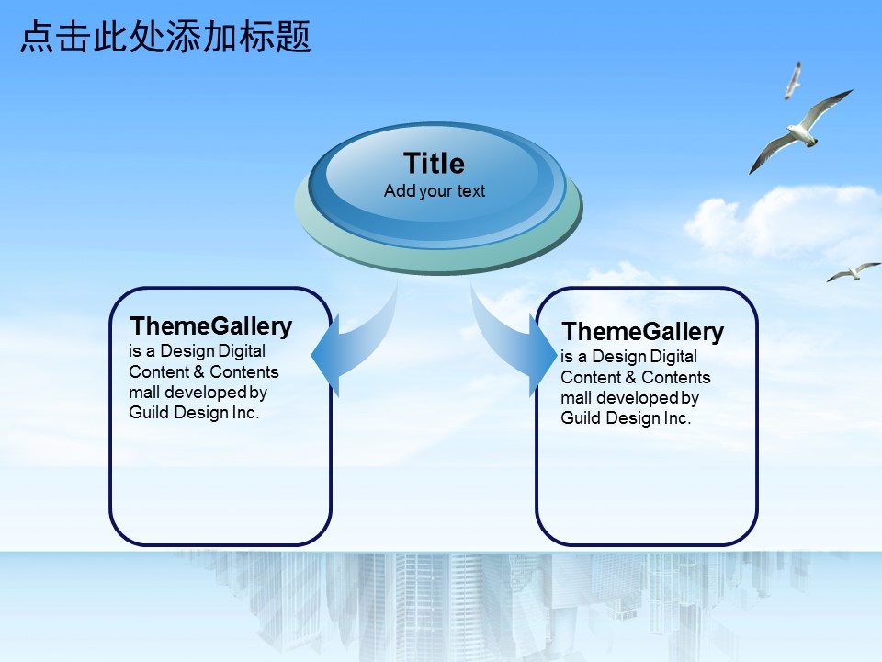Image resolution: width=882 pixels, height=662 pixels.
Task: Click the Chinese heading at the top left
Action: (165, 37)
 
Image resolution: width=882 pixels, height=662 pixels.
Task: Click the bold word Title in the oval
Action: (435, 164)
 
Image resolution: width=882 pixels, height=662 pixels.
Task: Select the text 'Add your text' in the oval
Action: (435, 191)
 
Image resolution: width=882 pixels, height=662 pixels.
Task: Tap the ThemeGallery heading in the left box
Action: (211, 326)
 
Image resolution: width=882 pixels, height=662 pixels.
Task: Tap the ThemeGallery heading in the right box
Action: (643, 332)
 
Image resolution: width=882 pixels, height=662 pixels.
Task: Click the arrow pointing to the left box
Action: (360, 349)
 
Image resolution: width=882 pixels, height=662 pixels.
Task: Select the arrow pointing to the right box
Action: (506, 343)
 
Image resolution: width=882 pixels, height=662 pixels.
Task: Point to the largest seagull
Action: (801, 131)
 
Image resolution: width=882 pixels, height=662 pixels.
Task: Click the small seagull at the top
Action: (793, 81)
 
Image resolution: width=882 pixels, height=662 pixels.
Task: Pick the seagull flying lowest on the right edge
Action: (854, 272)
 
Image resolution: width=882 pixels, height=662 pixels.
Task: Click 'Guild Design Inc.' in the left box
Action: (194, 413)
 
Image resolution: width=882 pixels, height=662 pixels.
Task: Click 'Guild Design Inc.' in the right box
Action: (626, 418)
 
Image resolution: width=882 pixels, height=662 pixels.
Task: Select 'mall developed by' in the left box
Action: (198, 393)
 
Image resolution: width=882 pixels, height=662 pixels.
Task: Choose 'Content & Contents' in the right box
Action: (636, 377)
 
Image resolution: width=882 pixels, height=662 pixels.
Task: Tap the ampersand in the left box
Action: (199, 372)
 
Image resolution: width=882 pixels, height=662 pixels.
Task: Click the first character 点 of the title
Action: (37, 37)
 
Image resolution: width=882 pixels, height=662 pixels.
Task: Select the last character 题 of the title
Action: (293, 37)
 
